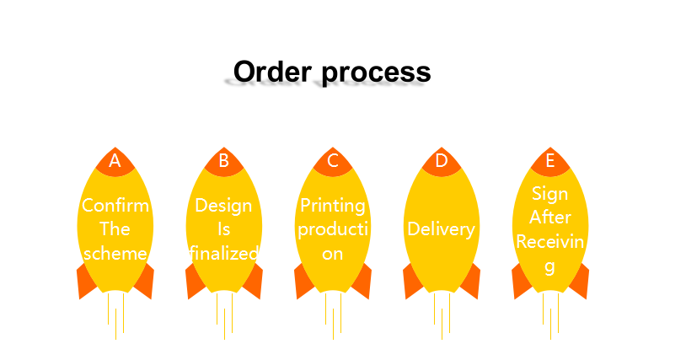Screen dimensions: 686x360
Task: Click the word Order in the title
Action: (x=272, y=72)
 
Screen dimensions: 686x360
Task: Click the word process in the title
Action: (x=376, y=73)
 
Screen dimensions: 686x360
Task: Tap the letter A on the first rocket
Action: (x=115, y=160)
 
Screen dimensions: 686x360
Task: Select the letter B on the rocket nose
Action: (x=224, y=160)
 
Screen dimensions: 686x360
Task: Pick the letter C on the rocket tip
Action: (x=333, y=160)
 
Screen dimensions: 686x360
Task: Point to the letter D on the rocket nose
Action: (x=442, y=160)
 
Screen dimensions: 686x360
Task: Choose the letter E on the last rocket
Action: (x=550, y=160)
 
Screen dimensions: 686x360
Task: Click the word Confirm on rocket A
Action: (x=115, y=205)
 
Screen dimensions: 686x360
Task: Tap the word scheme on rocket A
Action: (x=115, y=253)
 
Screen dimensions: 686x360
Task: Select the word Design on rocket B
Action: (x=223, y=206)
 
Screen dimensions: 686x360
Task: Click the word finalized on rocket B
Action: (x=224, y=253)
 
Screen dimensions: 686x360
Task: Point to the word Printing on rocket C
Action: (x=333, y=206)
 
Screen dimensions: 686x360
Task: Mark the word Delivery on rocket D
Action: (x=441, y=229)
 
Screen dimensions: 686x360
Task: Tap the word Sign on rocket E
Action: (x=550, y=194)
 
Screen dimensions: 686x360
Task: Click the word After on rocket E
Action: (x=550, y=218)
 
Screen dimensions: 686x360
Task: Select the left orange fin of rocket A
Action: (x=86, y=282)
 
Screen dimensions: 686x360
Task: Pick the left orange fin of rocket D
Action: (x=412, y=282)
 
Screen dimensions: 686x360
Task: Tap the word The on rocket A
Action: (x=115, y=229)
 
